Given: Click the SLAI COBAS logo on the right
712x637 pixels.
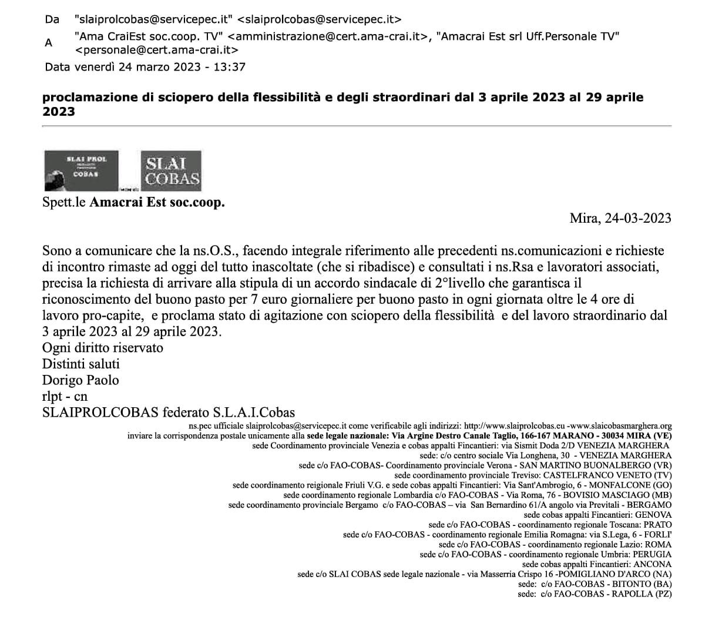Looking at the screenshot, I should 172,170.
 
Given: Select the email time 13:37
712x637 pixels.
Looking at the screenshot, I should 230,67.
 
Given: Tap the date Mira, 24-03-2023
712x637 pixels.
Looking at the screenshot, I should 620,219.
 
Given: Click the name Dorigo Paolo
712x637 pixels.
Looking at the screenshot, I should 80,380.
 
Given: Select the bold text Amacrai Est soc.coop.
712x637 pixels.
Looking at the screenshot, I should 157,203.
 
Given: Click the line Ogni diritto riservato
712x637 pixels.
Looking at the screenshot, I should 103,347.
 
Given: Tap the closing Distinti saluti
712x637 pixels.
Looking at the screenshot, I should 81,364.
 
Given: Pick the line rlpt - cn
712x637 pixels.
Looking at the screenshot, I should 65,397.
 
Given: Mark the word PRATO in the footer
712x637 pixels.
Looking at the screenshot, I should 658,525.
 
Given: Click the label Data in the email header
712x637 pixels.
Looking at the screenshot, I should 57,67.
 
